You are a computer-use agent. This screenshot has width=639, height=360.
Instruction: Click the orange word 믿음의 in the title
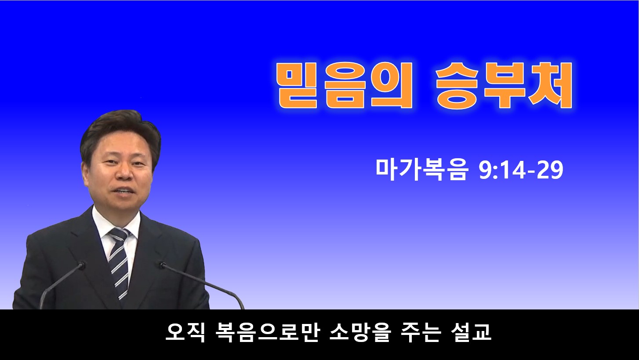coord(345,85)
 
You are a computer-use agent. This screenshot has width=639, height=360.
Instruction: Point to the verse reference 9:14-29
coord(521,170)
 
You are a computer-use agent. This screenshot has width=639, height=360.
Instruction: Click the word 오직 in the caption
coord(185,332)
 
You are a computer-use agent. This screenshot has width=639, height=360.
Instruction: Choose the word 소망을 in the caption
coord(359,332)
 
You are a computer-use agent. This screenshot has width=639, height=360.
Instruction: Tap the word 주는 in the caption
coord(421,332)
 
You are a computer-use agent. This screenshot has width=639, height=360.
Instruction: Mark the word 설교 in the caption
coord(471,332)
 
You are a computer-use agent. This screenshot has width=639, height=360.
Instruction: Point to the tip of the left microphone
coord(81,266)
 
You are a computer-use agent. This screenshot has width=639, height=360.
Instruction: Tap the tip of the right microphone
coord(163,265)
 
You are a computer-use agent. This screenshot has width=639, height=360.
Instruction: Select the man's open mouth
coord(124,191)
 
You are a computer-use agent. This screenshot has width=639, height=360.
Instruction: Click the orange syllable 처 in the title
coord(551,85)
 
